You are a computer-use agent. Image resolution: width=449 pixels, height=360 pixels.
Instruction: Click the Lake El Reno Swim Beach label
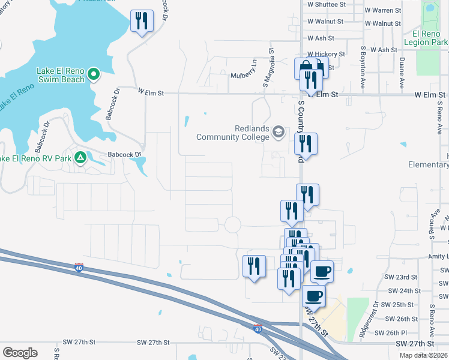(x=52, y=74)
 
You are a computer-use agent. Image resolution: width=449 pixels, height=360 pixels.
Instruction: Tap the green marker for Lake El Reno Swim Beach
(x=94, y=74)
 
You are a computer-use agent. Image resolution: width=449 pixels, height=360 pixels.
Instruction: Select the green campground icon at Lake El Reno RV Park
(x=80, y=158)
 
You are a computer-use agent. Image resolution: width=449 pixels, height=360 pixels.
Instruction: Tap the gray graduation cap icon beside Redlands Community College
(x=279, y=131)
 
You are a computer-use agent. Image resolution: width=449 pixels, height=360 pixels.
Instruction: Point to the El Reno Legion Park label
(x=426, y=38)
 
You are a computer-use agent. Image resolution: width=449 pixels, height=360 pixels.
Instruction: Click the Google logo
(x=20, y=353)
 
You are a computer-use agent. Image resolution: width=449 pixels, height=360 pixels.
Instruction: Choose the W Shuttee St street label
(x=327, y=4)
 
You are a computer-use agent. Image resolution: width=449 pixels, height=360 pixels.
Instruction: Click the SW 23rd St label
(x=402, y=277)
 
